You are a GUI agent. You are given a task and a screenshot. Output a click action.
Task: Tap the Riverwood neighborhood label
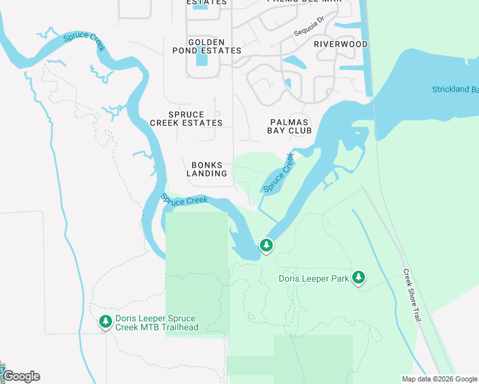[341, 44]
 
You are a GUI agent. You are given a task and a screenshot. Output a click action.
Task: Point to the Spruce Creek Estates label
[186, 118]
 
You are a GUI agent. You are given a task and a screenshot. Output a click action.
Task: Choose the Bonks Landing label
[207, 169]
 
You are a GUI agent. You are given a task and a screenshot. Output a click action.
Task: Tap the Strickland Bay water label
[455, 90]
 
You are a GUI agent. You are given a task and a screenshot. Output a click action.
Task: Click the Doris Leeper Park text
[314, 278]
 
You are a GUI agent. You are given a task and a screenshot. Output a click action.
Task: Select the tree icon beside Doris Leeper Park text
[359, 277]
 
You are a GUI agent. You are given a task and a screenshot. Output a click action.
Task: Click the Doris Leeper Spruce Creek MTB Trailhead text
[157, 323]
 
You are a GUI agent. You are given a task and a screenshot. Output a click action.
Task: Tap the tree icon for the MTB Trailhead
[105, 322]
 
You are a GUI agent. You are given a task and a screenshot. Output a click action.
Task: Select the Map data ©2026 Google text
[439, 379]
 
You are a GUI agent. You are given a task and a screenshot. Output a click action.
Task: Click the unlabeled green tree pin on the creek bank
[266, 245]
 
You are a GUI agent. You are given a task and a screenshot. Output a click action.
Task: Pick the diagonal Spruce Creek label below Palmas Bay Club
[278, 172]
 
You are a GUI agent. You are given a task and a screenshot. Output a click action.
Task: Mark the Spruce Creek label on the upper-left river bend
[84, 41]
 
